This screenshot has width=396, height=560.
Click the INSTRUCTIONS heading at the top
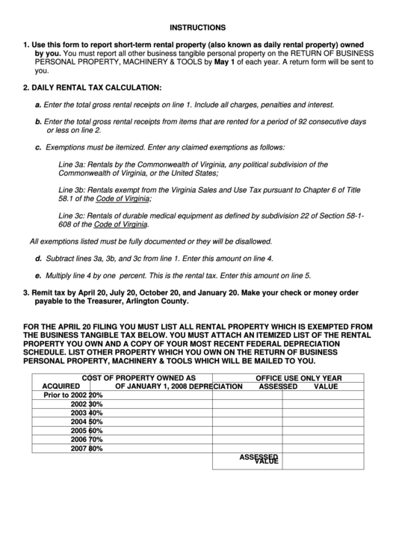[x=197, y=26]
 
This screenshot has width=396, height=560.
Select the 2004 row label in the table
[x=79, y=422]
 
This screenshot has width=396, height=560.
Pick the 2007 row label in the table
[x=79, y=449]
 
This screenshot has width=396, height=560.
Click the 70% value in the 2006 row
[x=96, y=440]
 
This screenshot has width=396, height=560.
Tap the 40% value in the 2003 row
[x=96, y=413]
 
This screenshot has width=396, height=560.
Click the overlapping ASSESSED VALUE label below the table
[x=260, y=459]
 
